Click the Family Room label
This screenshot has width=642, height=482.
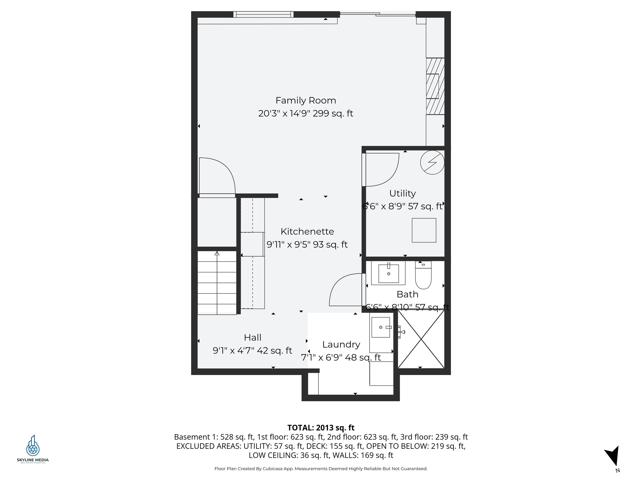click(x=306, y=101)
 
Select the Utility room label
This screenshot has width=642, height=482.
click(x=402, y=194)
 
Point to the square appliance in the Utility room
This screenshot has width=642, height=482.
click(x=424, y=230)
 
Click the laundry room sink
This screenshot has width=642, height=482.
click(x=381, y=327)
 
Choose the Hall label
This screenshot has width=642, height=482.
click(x=252, y=338)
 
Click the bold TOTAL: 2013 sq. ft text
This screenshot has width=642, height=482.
click(x=321, y=428)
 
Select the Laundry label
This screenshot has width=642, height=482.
click(x=341, y=345)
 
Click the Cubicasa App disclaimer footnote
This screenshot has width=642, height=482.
click(x=321, y=469)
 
